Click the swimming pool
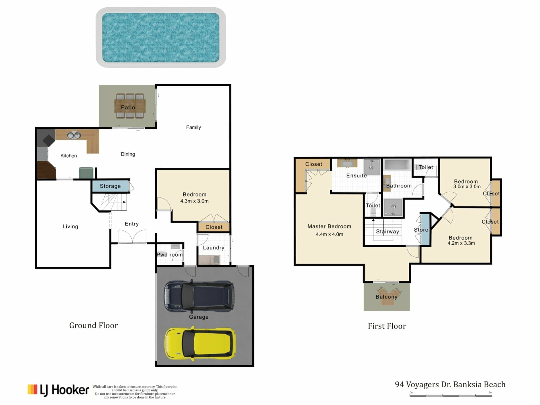161,37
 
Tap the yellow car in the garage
200,343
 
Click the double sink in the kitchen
74,136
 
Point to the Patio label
128,107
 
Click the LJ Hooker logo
58,390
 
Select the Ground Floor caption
94,325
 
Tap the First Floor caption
387,326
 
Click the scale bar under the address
451,395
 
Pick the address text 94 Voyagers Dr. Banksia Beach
450,384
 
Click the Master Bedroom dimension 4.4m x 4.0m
329,234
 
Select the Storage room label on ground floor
110,186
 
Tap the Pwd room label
170,255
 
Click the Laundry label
213,248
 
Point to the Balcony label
386,297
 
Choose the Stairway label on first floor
388,231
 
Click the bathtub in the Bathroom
398,165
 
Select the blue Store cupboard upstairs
425,229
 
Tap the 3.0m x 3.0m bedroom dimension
467,186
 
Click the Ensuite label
357,176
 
